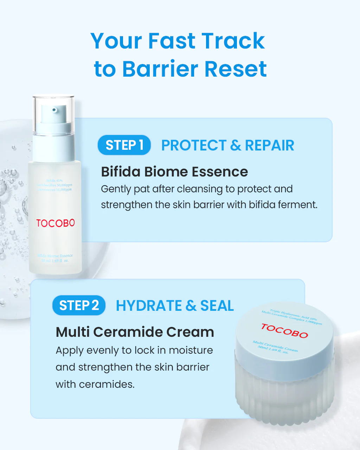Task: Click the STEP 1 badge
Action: click(x=124, y=145)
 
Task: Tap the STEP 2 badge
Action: click(x=79, y=306)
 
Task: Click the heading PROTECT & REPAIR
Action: click(x=227, y=145)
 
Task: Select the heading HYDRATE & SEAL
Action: click(x=175, y=306)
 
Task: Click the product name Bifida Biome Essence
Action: click(x=174, y=172)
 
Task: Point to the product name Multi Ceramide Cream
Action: click(x=135, y=332)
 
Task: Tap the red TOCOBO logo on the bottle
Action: click(x=56, y=223)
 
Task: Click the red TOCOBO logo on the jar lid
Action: click(x=284, y=331)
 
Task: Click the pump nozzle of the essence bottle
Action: click(x=54, y=110)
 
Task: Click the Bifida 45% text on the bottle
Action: click(x=54, y=181)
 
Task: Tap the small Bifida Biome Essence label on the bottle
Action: click(x=55, y=256)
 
